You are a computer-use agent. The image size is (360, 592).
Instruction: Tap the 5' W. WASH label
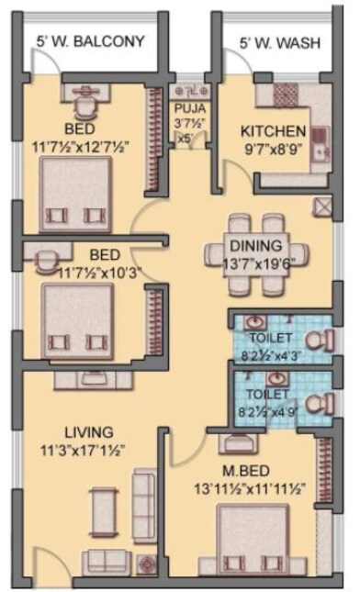(275, 41)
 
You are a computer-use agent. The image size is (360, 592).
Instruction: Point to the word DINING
(255, 245)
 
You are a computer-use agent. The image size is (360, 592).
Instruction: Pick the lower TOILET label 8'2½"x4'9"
(271, 406)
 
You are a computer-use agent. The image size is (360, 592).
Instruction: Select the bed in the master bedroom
(252, 541)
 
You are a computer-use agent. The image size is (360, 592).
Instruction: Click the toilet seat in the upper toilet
(317, 341)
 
